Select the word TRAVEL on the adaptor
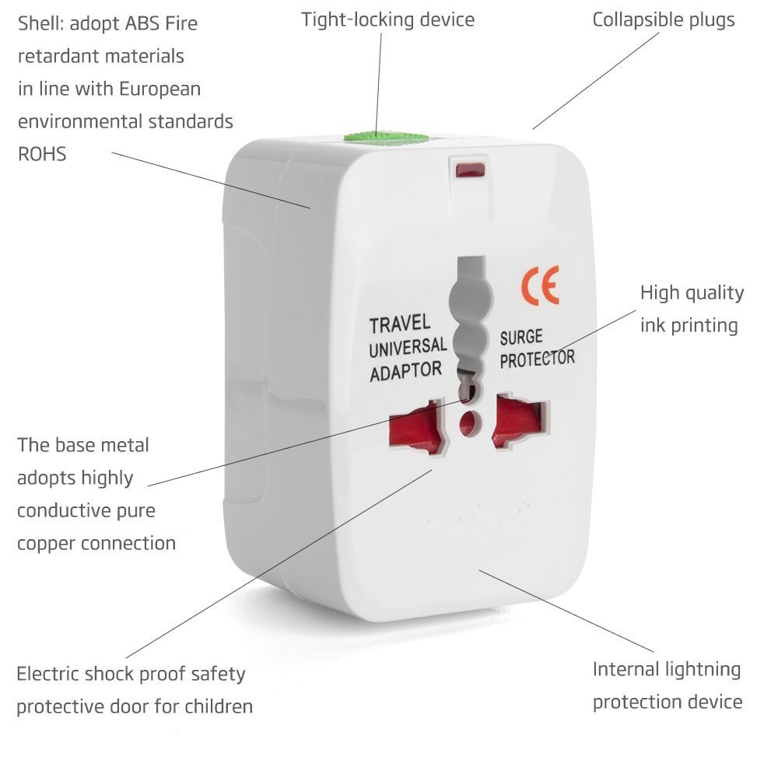(400, 324)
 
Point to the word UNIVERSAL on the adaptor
(408, 347)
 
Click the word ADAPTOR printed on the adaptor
(405, 370)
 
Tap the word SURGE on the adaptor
(521, 338)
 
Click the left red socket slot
(415, 430)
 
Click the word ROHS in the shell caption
(42, 154)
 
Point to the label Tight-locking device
(387, 19)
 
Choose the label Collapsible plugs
(663, 19)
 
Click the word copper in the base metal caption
(46, 543)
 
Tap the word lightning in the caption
(692, 669)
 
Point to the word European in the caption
(159, 89)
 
